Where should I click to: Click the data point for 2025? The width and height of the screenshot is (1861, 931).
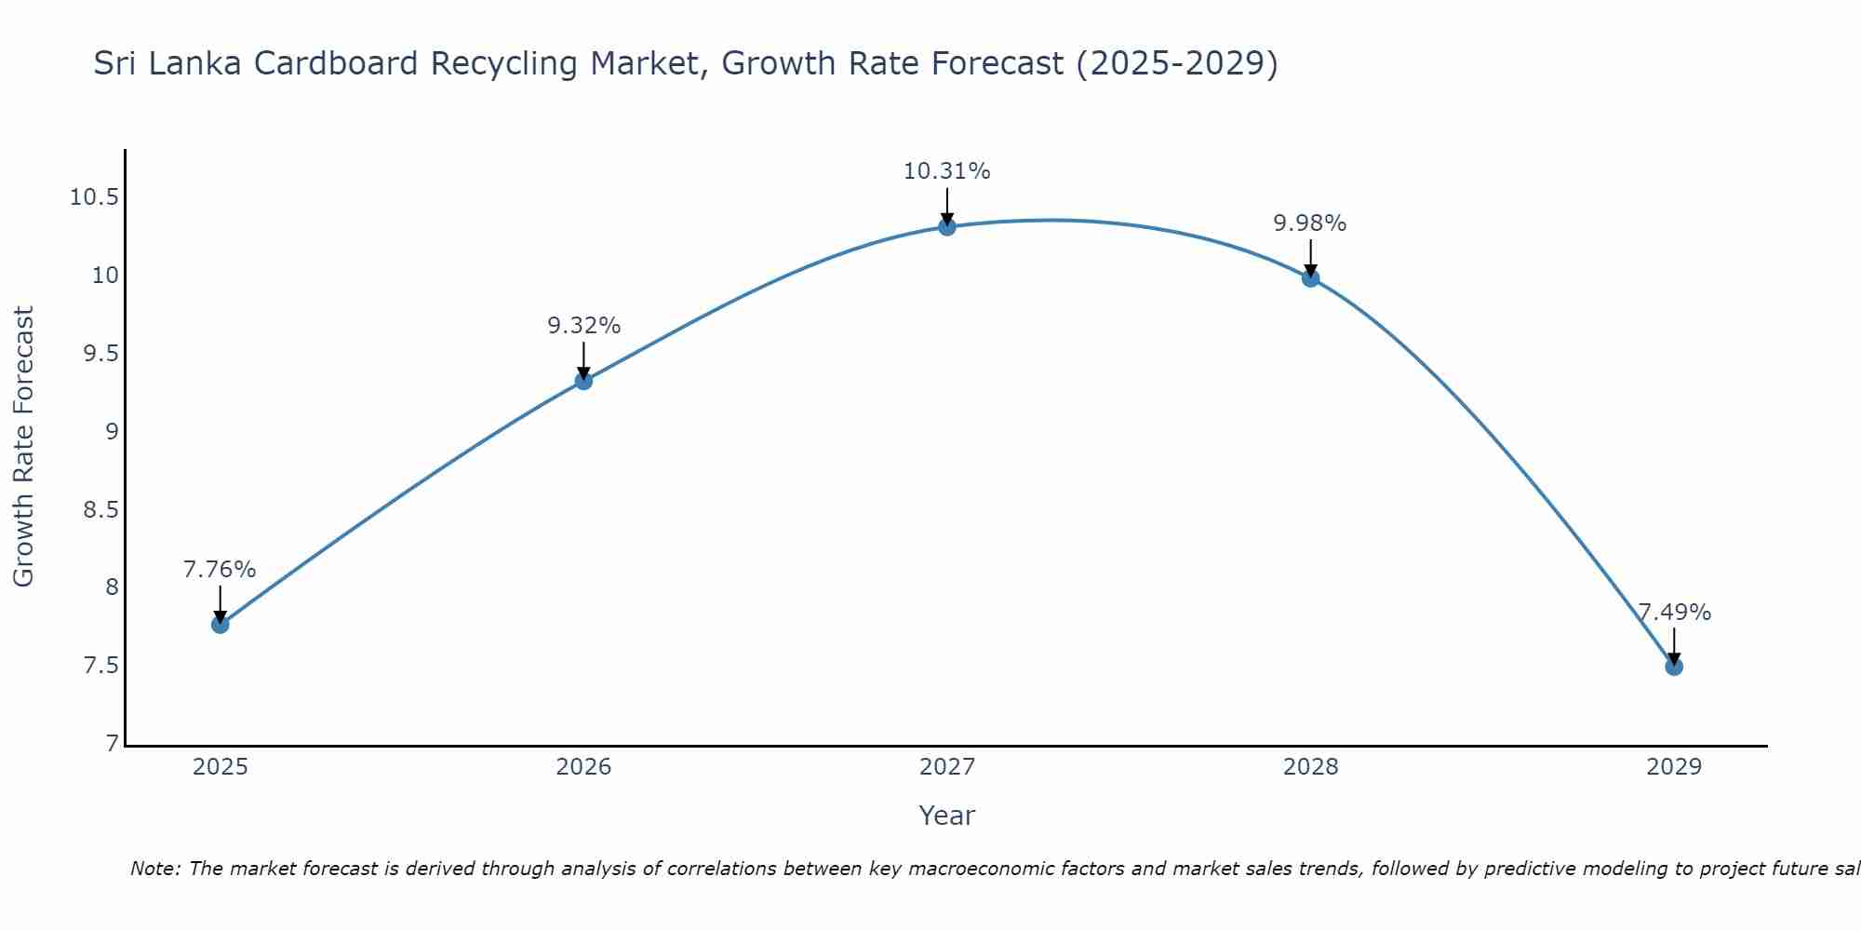click(221, 625)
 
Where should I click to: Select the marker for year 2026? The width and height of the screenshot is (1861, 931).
click(583, 380)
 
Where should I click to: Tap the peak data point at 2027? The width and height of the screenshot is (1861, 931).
click(947, 226)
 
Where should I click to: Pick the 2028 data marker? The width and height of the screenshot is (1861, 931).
click(1310, 277)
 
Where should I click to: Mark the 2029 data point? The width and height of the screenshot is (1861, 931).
click(1674, 667)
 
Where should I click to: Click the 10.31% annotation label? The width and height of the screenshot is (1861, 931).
click(946, 171)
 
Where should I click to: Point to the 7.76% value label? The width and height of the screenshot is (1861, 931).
click(220, 570)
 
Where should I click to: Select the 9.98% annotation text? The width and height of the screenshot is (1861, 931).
click(1309, 223)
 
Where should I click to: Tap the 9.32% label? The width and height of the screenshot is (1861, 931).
click(583, 326)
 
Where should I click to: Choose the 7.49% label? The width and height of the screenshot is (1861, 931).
click(1674, 613)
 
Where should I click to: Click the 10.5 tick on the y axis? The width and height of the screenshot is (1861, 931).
click(94, 197)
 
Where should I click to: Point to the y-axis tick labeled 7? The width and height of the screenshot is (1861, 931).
click(113, 743)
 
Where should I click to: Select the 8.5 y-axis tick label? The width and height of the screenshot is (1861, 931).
click(100, 509)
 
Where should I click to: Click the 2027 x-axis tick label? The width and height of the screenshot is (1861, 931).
click(947, 767)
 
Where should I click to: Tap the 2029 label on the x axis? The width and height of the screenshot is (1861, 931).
click(1674, 767)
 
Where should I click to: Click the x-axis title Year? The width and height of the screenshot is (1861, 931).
click(946, 816)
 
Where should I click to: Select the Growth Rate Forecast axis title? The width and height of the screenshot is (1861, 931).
click(24, 447)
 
